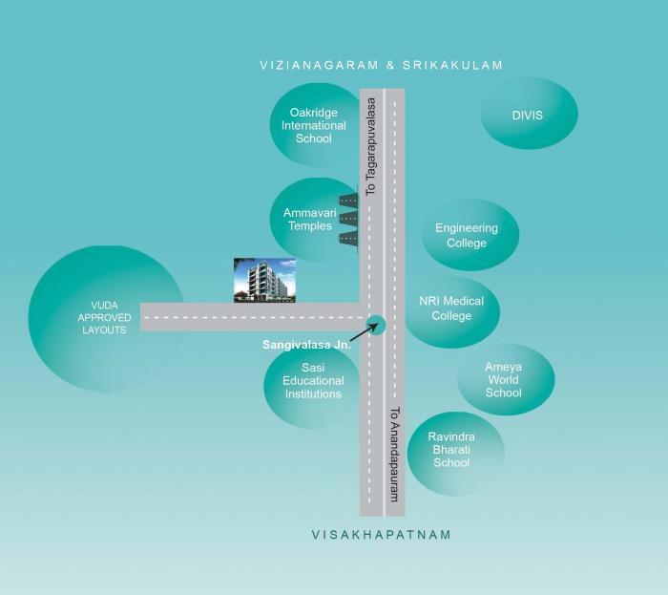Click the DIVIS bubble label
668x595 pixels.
pos(528,115)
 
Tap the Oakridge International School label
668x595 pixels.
pos(314,125)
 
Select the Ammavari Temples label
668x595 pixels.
pos(310,219)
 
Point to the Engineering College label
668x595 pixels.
pos(467,235)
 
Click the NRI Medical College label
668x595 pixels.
pos(451,308)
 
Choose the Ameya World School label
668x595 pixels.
pos(503,380)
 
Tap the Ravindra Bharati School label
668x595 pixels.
pos(451,450)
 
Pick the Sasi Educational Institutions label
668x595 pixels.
pos(313,381)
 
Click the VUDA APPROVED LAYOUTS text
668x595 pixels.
pos(104,317)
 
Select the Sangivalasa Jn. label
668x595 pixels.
pos(306,345)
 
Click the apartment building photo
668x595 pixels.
pos(264,280)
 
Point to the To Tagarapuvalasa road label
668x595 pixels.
pos(371,147)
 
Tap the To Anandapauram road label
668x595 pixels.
pos(395,455)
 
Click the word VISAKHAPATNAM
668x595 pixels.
pos(382,535)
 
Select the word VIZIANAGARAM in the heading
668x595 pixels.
pos(319,65)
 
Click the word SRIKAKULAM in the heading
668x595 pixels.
pos(453,65)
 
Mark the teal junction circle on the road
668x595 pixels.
pos(376,326)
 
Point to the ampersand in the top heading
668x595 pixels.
pos(390,65)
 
